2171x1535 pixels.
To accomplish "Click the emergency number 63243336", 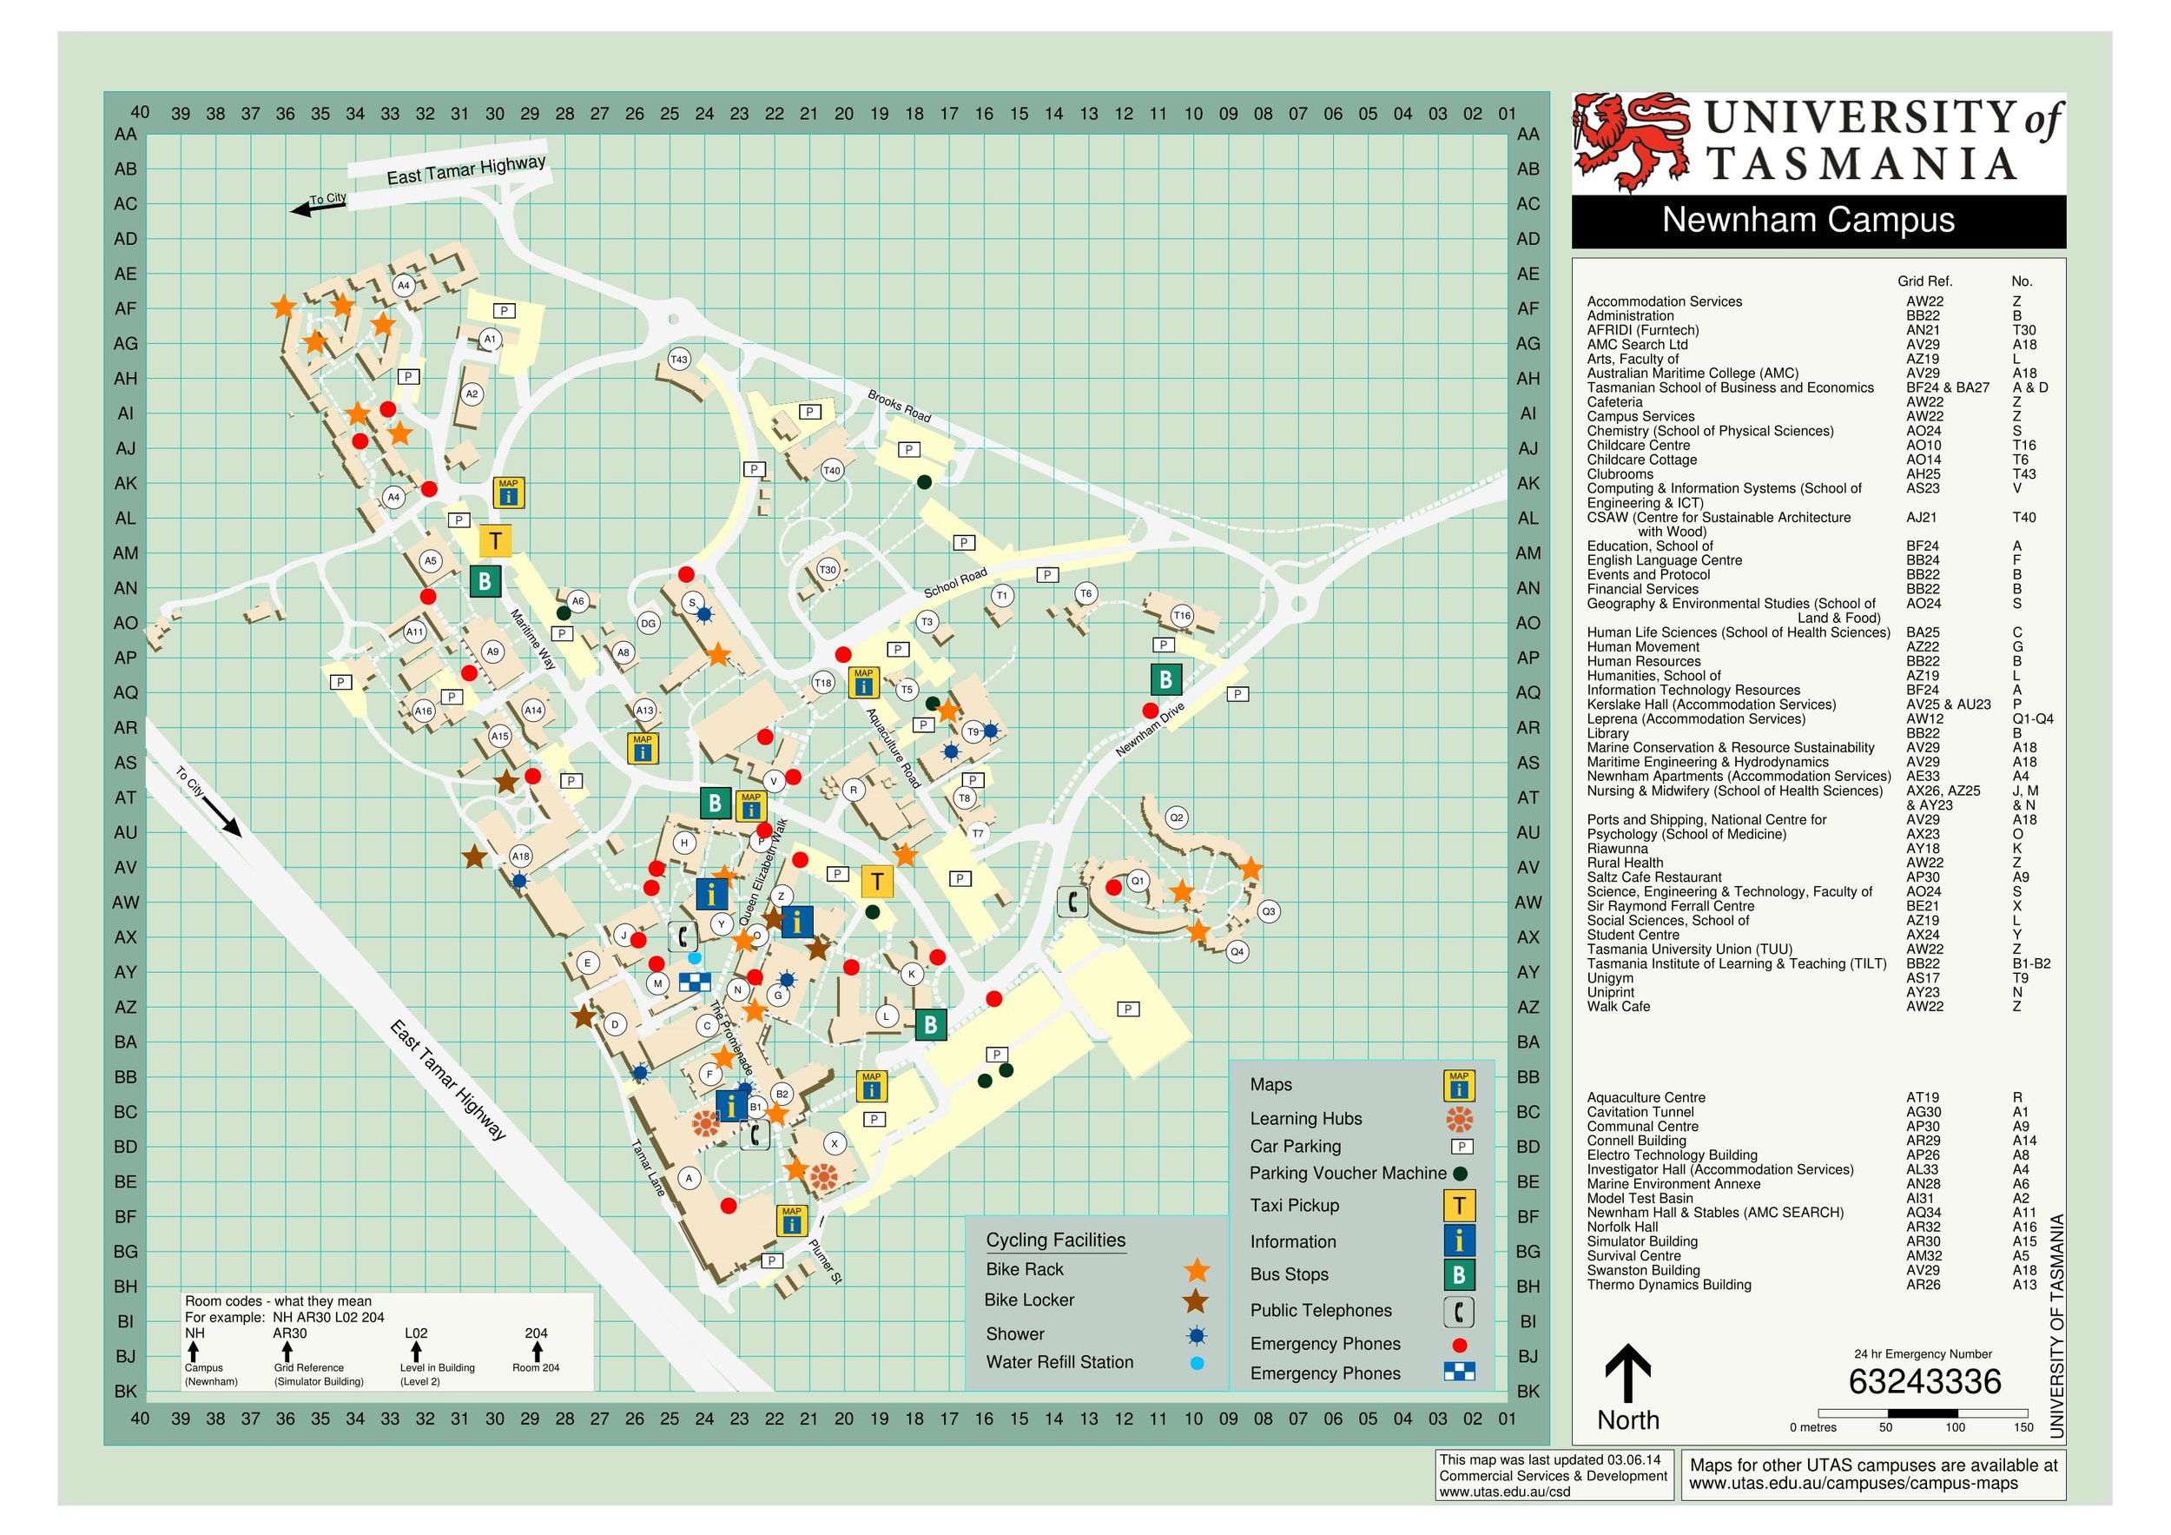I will click(x=1924, y=1382).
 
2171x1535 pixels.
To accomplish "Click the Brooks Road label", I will click(x=899, y=406).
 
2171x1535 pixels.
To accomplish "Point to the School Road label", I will click(x=955, y=582).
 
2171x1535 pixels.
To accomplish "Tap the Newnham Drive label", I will click(x=1150, y=729).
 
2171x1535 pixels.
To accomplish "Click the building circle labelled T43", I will click(x=679, y=360).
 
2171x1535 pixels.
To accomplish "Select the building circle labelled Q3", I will click(x=1268, y=912).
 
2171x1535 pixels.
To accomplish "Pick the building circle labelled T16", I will click(x=1182, y=616).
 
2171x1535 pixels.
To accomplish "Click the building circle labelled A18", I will click(x=520, y=856).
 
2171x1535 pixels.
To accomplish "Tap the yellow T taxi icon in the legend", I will click(x=1459, y=1205).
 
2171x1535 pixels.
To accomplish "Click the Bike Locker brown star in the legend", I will click(x=1196, y=1300).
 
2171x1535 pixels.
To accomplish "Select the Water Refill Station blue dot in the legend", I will click(x=1197, y=1363).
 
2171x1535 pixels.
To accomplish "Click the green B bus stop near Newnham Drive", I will click(x=1165, y=679).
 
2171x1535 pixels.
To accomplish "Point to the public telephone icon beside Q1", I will click(x=1072, y=903).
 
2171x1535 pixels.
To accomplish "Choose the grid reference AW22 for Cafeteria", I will click(x=1924, y=402).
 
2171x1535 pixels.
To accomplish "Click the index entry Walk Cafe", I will click(x=1618, y=1006).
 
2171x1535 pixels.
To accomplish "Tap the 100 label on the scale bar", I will click(x=1955, y=1427).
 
